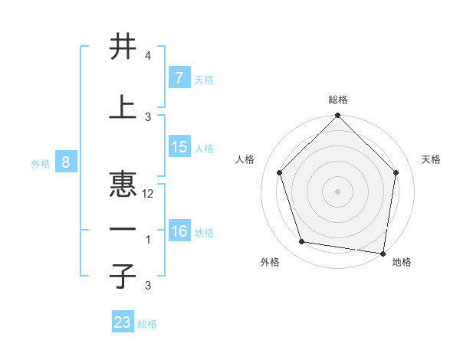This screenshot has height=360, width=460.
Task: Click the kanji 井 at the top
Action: click(123, 47)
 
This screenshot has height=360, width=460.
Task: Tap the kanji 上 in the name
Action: click(123, 106)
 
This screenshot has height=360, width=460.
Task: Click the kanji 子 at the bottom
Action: click(123, 276)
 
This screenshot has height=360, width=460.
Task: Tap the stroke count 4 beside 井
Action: click(148, 56)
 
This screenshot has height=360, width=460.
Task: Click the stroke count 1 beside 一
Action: click(148, 240)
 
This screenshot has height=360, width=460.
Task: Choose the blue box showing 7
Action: click(179, 78)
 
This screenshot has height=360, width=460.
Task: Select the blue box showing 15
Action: click(179, 147)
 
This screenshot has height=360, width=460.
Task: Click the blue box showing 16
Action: click(179, 231)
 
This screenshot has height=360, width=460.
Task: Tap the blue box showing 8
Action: click(66, 162)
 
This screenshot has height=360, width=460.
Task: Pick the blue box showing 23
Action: click(123, 322)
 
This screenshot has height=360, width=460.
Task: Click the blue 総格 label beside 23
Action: click(147, 324)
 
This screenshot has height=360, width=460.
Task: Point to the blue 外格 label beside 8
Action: click(40, 163)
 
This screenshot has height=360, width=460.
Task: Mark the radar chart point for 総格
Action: click(337, 116)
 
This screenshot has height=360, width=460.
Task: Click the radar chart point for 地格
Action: click(383, 253)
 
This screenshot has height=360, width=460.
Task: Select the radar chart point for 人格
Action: click(279, 172)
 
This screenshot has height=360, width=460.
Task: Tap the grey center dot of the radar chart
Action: click(337, 191)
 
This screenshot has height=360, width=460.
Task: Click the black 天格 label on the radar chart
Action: click(432, 159)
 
